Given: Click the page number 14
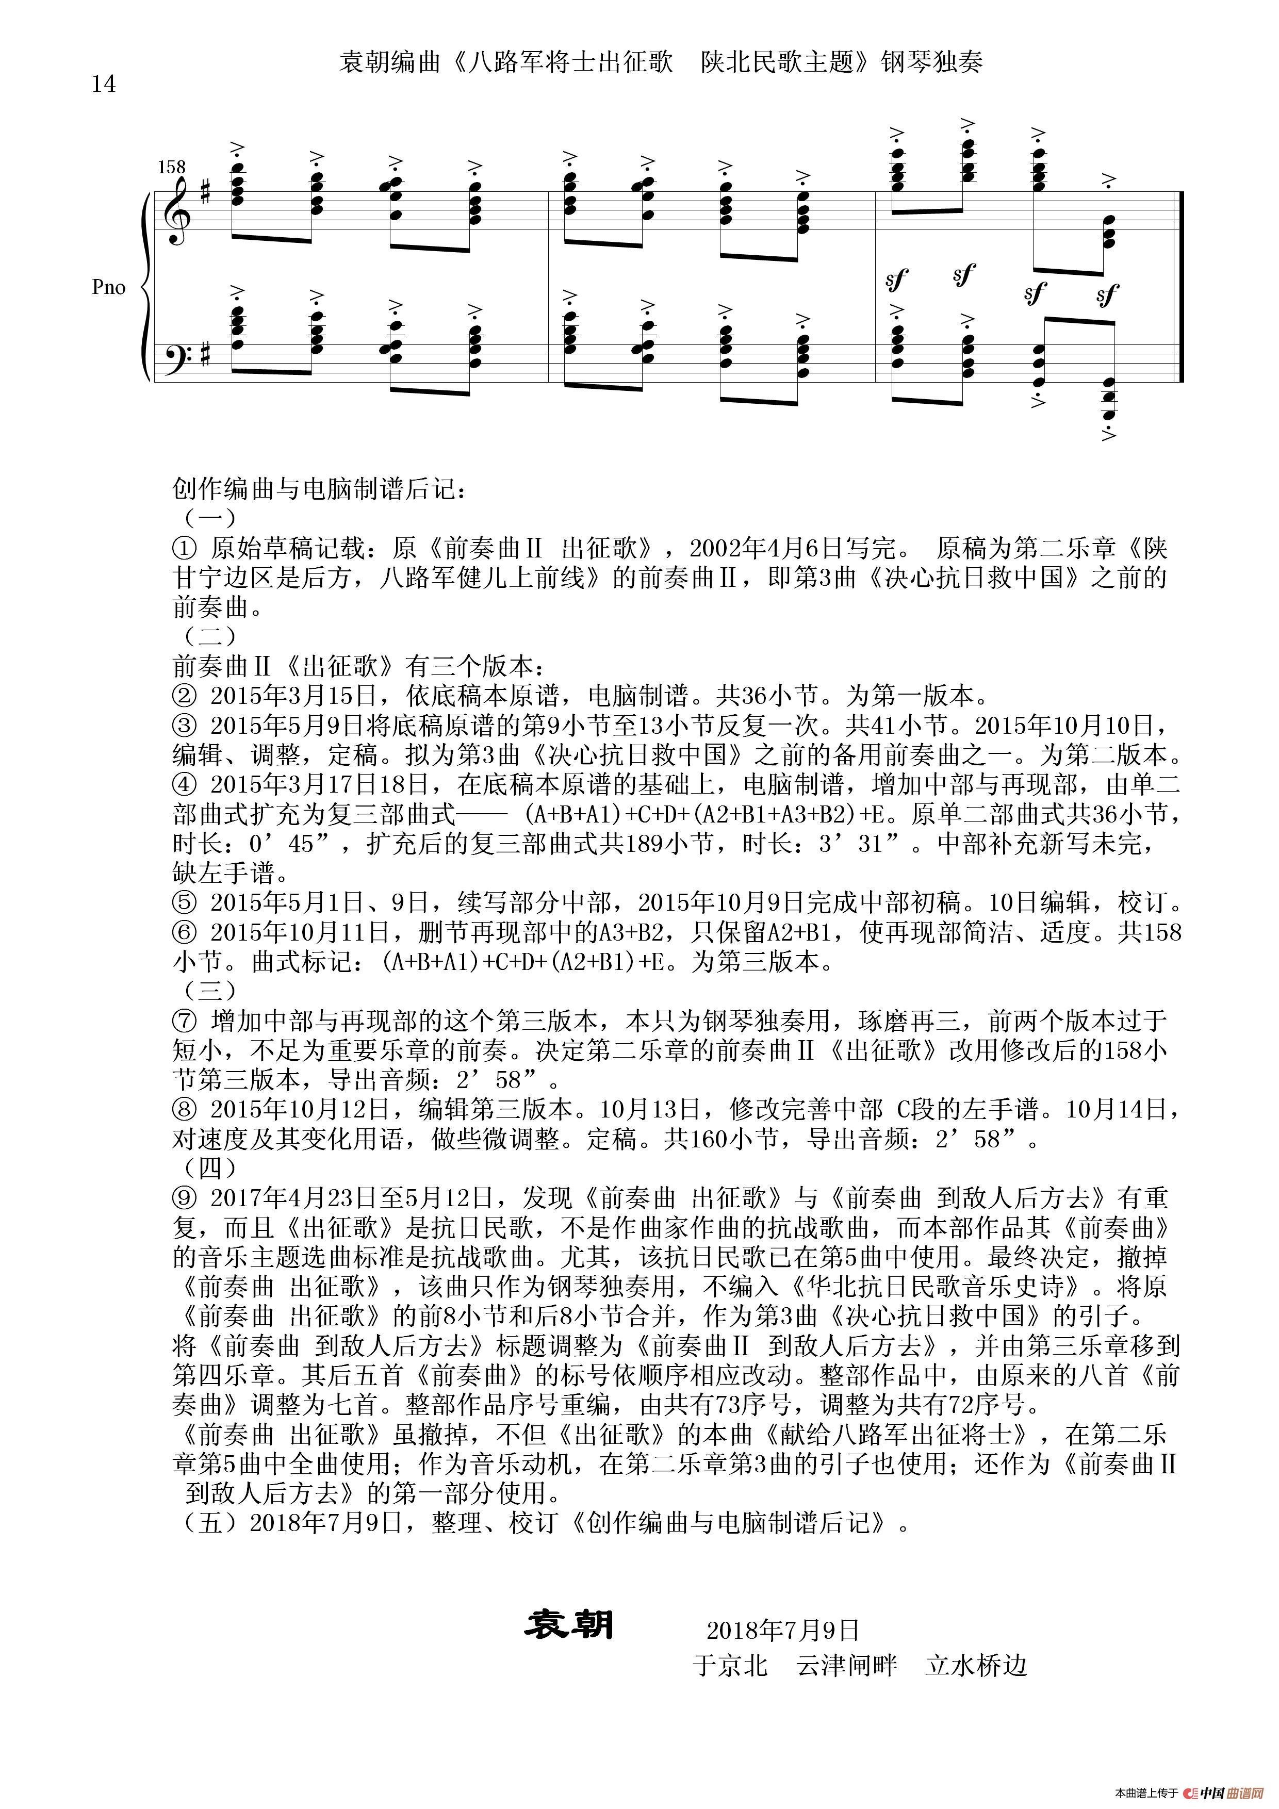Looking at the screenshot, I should pos(103,84).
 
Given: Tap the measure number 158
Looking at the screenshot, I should pos(171,167).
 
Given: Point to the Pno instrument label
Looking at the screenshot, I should pos(109,288).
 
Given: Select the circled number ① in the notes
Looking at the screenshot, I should pos(183,548).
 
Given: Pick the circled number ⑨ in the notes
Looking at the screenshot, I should pos(183,1198).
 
